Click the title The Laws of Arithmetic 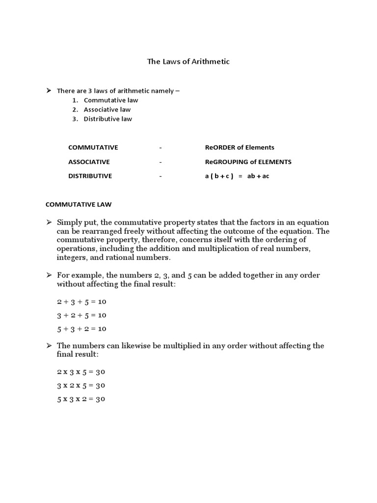(188, 62)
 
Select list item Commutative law (110, 100)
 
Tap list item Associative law (107, 110)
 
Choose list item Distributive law (108, 119)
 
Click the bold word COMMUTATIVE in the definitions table (93, 147)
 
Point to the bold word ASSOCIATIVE (89, 162)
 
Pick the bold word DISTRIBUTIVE (90, 176)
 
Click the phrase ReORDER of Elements (240, 147)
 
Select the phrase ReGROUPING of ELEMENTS (248, 162)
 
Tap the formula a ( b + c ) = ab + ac (237, 176)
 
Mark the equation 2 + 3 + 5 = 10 (81, 302)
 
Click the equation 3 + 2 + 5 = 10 (81, 315)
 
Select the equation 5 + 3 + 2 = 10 (81, 329)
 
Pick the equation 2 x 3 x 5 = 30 (81, 372)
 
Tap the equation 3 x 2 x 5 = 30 (81, 386)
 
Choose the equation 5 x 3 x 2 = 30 (81, 399)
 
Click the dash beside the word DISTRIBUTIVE (161, 176)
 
